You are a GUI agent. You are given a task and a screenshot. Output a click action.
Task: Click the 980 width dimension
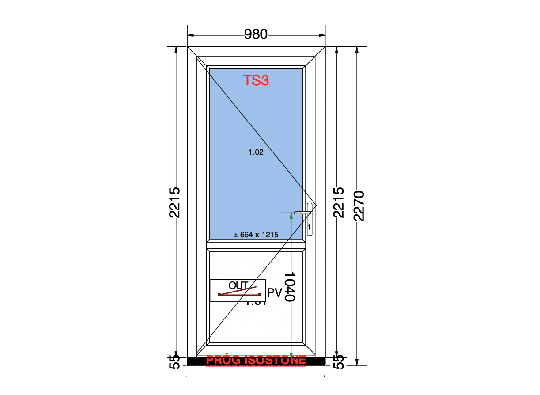[x=256, y=34]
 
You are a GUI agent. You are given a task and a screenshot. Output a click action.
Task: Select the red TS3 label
[x=256, y=80]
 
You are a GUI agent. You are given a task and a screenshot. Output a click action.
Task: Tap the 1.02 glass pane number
[x=256, y=152]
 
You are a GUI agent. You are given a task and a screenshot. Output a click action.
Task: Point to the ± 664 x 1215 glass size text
[x=256, y=235]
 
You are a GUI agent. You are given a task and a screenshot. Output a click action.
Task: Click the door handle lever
[x=302, y=213]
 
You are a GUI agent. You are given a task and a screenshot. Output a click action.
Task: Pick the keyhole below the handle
[x=310, y=228]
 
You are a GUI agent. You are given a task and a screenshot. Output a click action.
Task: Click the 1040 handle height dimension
[x=289, y=286]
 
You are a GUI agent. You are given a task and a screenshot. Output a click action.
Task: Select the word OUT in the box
[x=238, y=285]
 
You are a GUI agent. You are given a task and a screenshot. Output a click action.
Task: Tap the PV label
[x=275, y=293]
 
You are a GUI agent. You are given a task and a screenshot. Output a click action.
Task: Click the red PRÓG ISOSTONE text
[x=256, y=360]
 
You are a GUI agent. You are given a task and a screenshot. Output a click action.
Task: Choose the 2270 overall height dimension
[x=359, y=205]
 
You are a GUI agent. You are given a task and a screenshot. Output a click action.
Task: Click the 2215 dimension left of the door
[x=175, y=202]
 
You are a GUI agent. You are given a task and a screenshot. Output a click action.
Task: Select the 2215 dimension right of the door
[x=338, y=202]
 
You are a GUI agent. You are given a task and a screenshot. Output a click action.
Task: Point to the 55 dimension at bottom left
[x=175, y=362]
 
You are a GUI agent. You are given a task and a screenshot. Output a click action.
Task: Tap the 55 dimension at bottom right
[x=338, y=362]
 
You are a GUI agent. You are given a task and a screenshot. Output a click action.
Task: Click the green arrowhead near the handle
[x=291, y=216]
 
